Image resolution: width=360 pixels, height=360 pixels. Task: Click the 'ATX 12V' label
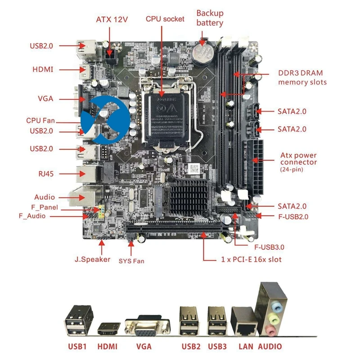(112, 19)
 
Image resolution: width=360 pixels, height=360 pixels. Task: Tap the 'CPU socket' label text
(165, 19)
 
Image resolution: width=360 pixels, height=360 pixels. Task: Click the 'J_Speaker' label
(92, 259)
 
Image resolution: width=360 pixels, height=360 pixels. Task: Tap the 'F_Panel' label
(45, 207)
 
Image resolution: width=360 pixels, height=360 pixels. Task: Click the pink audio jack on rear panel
(271, 331)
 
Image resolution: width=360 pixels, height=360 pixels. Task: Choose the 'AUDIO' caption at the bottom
(270, 347)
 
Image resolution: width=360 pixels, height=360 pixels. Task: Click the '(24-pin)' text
(291, 170)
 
